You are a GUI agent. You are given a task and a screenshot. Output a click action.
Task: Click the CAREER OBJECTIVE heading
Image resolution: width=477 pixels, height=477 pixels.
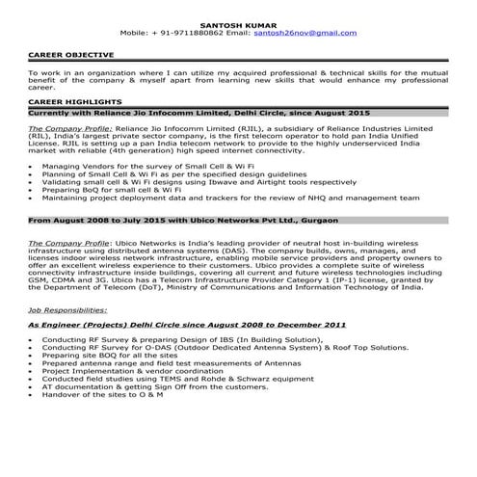(70, 55)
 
